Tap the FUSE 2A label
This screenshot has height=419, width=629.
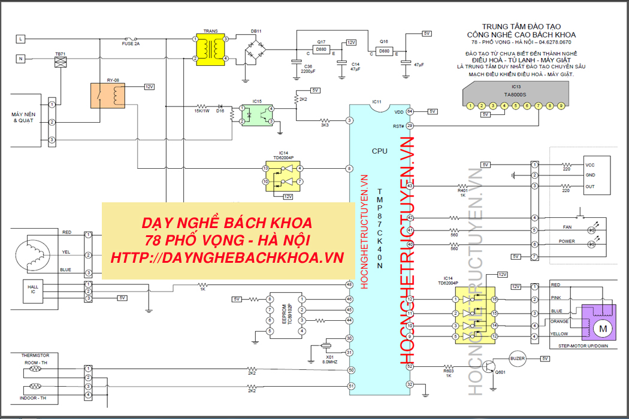point(131,44)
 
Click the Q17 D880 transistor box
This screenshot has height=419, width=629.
point(322,49)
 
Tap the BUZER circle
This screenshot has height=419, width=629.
point(516,359)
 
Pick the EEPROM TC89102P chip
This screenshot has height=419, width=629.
point(286,314)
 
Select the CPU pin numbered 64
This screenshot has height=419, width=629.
point(410,111)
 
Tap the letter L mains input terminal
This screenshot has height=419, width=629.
point(20,38)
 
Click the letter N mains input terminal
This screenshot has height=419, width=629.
point(20,59)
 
